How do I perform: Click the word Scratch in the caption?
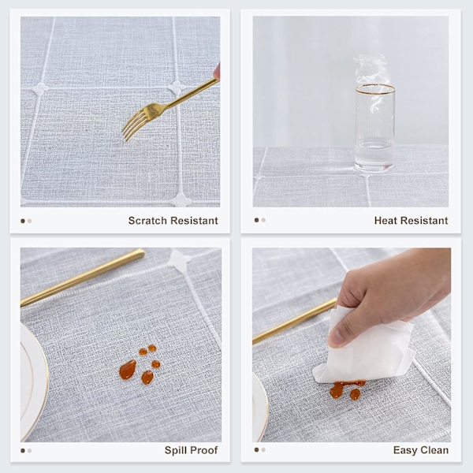click(x=147, y=221)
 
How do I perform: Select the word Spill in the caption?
click(x=175, y=450)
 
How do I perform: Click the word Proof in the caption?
click(x=203, y=450)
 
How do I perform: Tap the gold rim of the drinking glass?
click(x=375, y=89)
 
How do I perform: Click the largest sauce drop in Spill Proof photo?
click(x=128, y=370)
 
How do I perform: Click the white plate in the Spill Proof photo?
click(x=34, y=382)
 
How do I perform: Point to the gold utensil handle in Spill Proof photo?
click(x=83, y=277)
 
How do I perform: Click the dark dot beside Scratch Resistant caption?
click(x=23, y=221)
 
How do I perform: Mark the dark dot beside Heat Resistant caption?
click(x=256, y=220)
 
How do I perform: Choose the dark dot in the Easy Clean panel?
click(x=256, y=450)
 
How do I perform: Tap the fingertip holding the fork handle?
click(x=216, y=71)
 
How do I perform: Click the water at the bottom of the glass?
click(x=374, y=156)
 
